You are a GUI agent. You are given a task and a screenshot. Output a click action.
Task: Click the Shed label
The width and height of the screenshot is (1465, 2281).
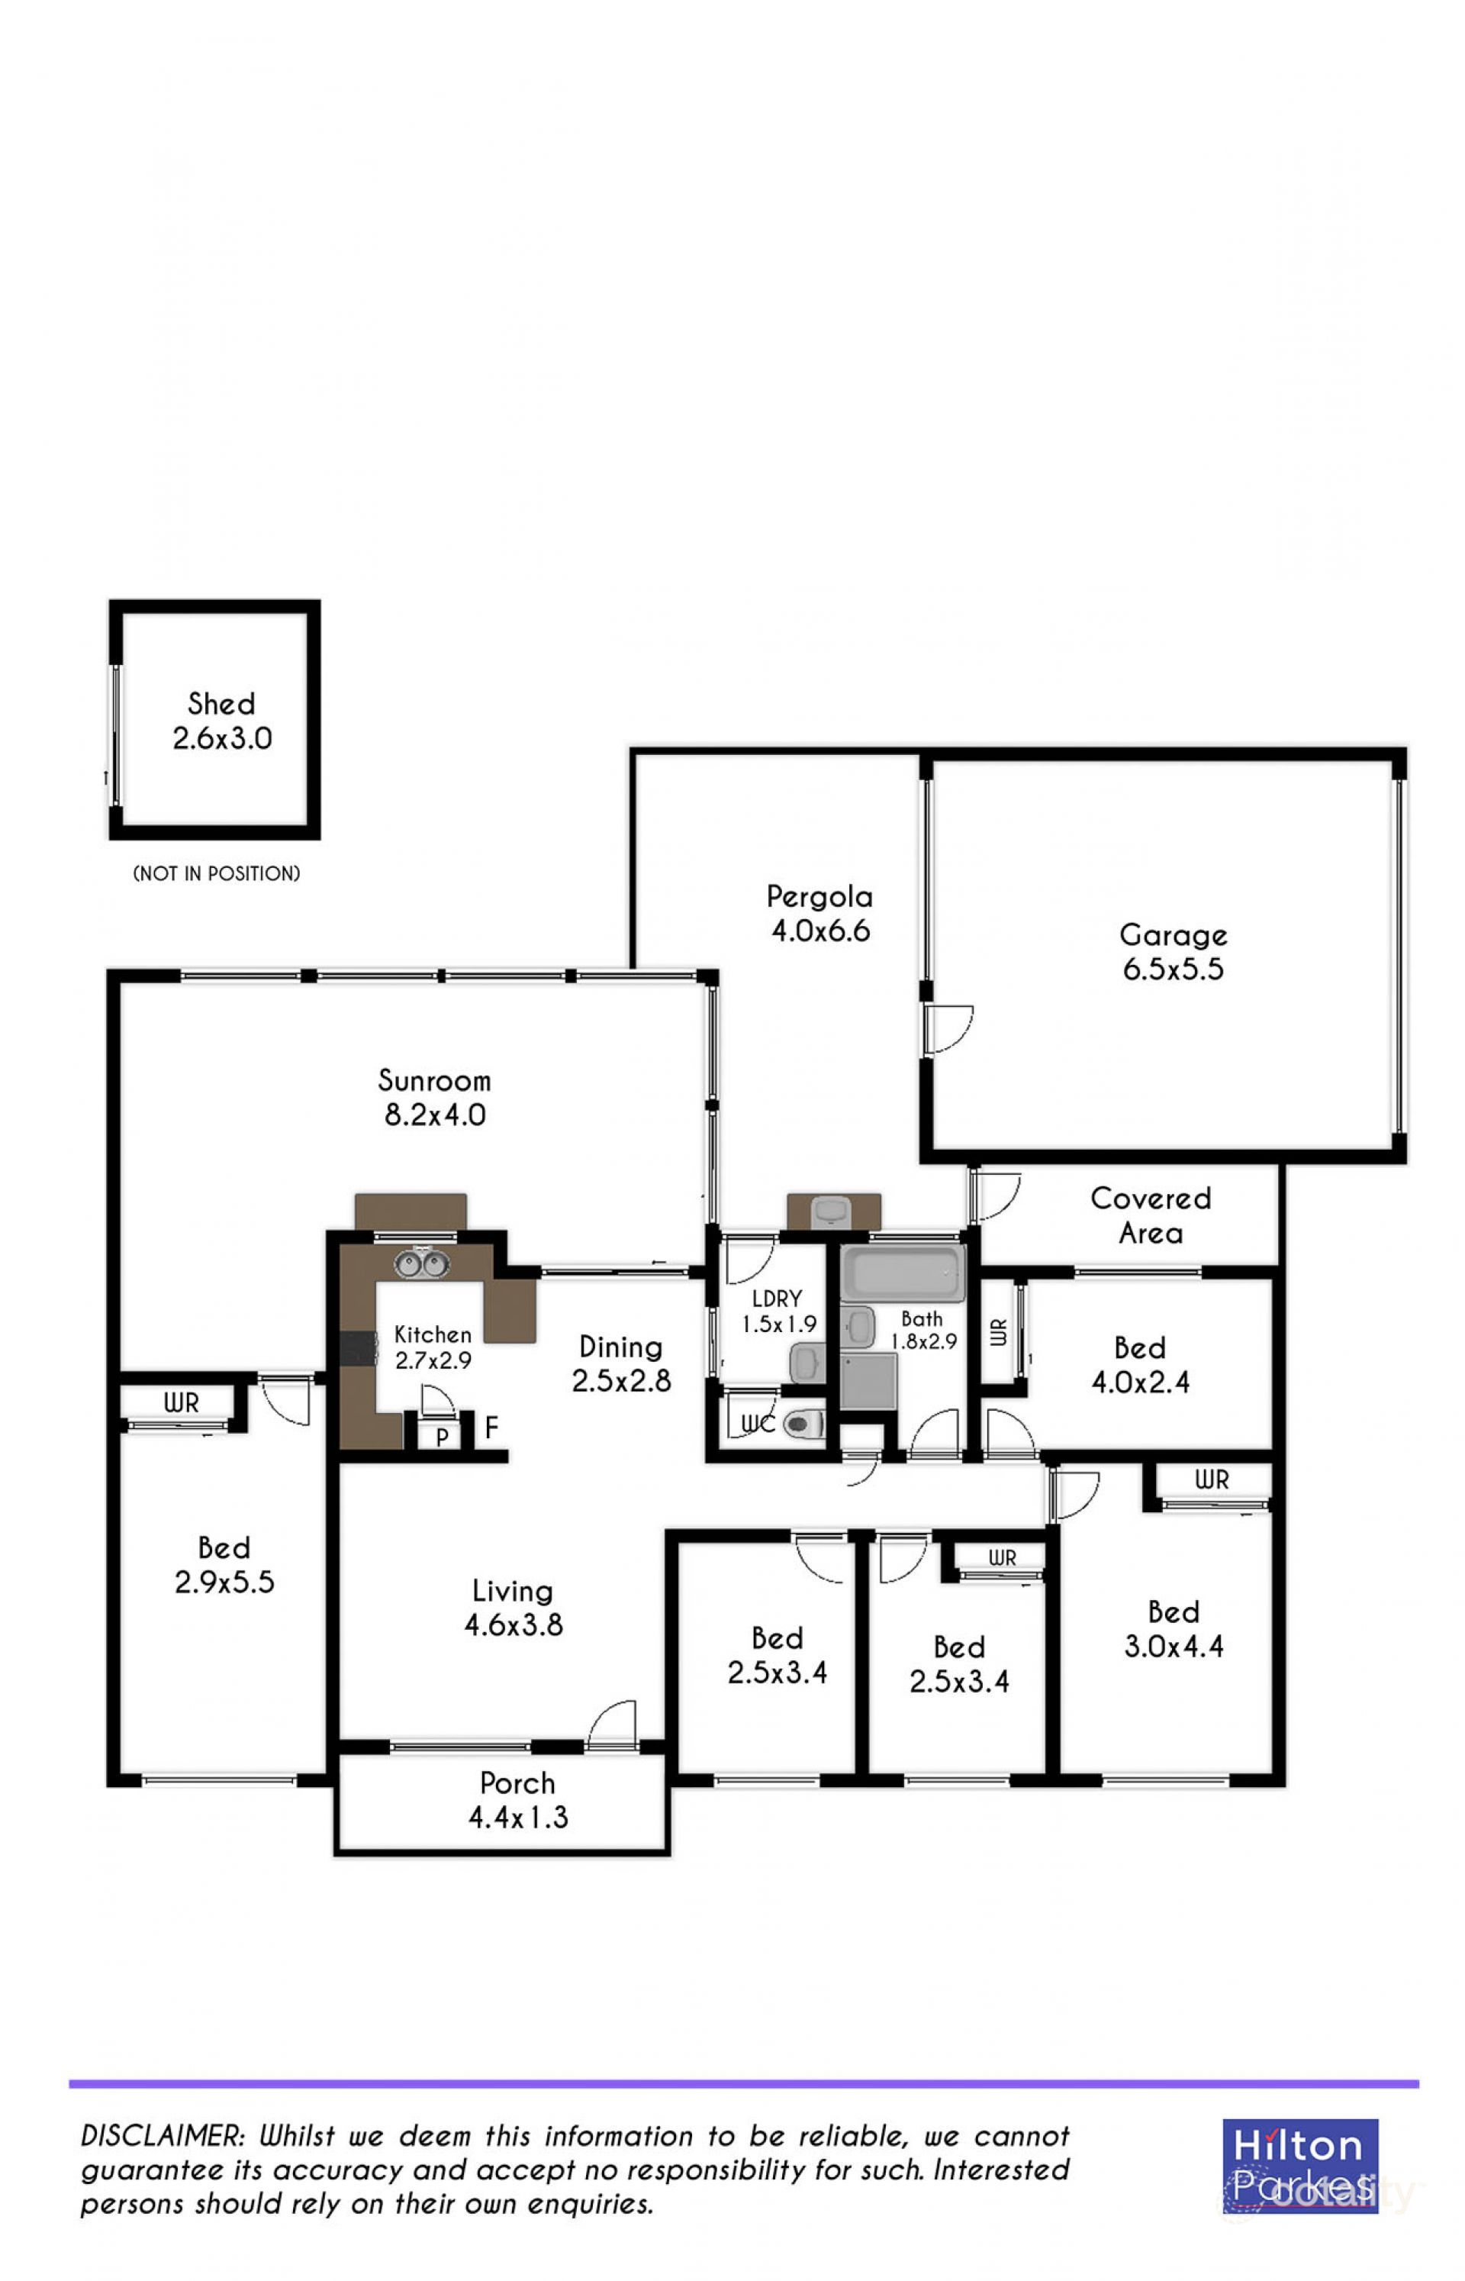click(221, 704)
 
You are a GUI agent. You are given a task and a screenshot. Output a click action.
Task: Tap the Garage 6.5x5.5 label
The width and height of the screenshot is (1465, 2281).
click(1173, 952)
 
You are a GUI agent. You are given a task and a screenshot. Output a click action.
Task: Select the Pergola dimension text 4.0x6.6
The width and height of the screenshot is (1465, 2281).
click(820, 931)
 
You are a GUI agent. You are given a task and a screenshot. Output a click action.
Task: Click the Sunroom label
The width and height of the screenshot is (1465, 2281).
click(435, 1080)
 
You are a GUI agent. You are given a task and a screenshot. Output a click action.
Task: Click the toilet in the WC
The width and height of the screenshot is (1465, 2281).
click(804, 1424)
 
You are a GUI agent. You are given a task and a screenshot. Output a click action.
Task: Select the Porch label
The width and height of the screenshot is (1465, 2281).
click(517, 1783)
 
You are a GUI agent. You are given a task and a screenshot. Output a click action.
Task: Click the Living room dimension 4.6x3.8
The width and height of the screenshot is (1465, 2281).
click(514, 1624)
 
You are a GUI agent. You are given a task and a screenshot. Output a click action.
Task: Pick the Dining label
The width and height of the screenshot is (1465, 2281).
click(620, 1347)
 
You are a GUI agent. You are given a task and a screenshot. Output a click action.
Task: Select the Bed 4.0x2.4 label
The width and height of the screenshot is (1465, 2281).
click(1140, 1365)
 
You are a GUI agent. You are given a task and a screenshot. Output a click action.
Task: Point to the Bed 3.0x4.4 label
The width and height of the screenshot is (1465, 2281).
click(1173, 1628)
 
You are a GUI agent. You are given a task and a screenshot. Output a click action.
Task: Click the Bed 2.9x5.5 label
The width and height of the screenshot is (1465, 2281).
click(224, 1564)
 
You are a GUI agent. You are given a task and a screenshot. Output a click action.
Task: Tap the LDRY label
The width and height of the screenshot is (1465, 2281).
click(776, 1299)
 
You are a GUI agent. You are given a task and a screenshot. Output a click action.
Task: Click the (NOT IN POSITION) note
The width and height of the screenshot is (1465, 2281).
click(217, 873)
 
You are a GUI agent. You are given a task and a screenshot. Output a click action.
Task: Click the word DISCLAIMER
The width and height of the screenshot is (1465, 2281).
click(162, 2137)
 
